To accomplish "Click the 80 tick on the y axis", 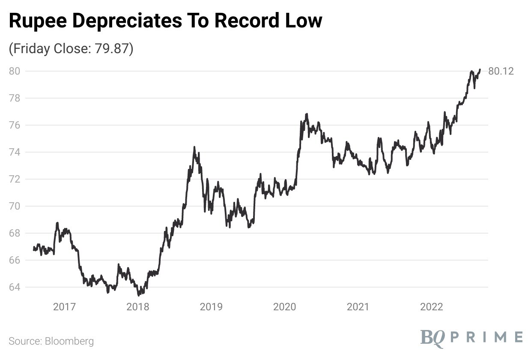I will [x=15, y=71].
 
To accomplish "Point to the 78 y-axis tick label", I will [x=15, y=98].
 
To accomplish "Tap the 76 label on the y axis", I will [x=15, y=125].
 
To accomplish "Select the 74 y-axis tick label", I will [x=15, y=152].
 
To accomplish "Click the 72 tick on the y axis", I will [x=15, y=179].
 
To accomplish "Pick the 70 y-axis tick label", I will [x=15, y=206].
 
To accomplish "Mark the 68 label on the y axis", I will [x=15, y=233].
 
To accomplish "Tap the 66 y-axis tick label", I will [x=15, y=260].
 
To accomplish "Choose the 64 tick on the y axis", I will [x=15, y=287].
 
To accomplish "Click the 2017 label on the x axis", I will [x=64, y=307].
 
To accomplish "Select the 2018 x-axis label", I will [x=138, y=307].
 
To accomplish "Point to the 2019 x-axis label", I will [x=211, y=307].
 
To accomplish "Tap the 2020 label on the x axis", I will [x=285, y=307].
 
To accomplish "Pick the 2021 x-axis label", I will [x=358, y=307].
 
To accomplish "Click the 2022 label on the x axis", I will [x=432, y=307].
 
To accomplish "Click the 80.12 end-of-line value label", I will [x=501, y=71].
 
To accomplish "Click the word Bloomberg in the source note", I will [x=68, y=342].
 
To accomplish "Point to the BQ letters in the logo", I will [x=434, y=337].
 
